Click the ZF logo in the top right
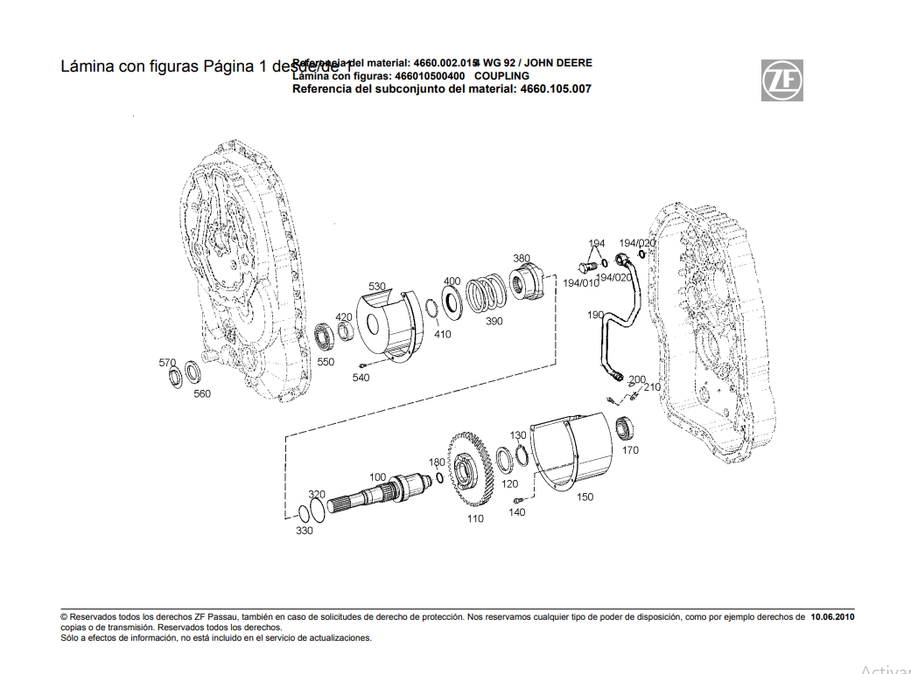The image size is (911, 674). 781,80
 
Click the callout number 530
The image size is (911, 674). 376,287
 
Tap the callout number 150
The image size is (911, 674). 585,497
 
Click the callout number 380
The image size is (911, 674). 522,259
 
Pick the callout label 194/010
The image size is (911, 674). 581,283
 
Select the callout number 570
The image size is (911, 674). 167,362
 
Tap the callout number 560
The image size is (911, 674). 202,393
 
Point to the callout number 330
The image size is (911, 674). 304,531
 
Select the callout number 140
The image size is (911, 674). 517,512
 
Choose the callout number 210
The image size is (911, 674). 652,386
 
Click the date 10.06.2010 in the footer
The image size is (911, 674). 832,617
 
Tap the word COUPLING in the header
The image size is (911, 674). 501,76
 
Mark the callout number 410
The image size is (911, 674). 443,334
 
